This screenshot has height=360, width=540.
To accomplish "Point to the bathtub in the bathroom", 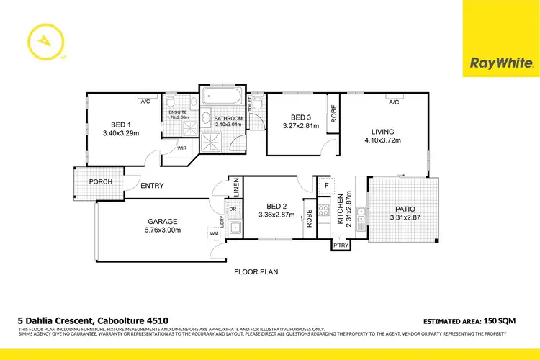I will tap(222, 96).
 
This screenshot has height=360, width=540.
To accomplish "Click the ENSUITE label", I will tap(178, 112).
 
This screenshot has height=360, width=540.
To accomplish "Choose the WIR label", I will tap(182, 148).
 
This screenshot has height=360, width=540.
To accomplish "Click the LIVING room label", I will tap(382, 131).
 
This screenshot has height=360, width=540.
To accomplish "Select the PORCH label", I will tap(100, 181).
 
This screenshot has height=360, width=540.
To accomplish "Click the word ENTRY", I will tap(152, 186).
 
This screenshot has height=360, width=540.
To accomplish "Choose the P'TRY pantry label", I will tap(341, 247).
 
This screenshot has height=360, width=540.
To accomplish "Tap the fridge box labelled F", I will tap(325, 186).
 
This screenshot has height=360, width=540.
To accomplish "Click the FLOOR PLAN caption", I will tap(256, 272).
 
